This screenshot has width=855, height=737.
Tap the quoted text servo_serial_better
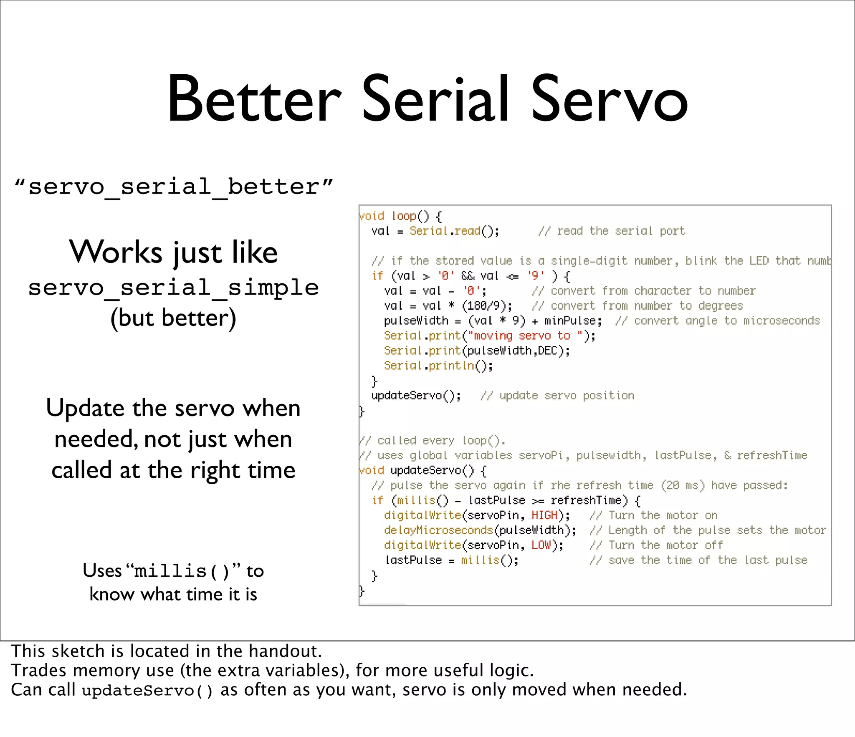coord(174,187)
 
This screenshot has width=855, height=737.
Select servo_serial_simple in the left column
coord(174,288)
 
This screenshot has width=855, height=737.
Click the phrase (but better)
coord(174,318)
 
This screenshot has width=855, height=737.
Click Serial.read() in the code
coord(453,231)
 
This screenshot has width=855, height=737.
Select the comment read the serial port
coord(612,231)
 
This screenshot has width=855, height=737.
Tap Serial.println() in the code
coord(438,366)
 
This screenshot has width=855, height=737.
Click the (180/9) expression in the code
coord(486,306)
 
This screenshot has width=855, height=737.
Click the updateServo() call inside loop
coord(416,396)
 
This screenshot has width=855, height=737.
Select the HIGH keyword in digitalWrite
coord(544,515)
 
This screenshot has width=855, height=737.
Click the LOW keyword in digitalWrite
coord(541,545)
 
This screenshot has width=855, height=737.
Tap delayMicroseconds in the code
coord(438,530)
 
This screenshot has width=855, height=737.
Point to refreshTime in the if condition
coord(586,500)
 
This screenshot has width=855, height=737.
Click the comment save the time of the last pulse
coord(698,560)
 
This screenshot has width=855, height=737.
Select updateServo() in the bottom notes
coord(147,691)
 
